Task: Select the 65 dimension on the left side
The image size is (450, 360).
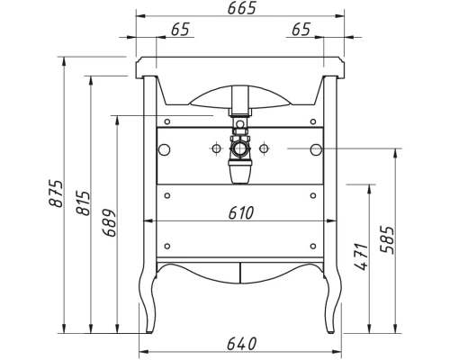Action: click(179, 31)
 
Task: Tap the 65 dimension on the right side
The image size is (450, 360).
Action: click(301, 31)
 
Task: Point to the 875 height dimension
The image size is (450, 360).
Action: click(55, 193)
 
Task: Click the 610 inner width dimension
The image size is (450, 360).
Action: click(240, 212)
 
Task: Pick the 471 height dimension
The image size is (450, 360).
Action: click(359, 257)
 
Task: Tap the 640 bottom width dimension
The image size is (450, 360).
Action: click(240, 343)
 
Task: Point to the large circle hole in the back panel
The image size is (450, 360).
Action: click(316, 148)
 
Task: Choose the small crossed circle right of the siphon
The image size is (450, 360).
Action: click(264, 148)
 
